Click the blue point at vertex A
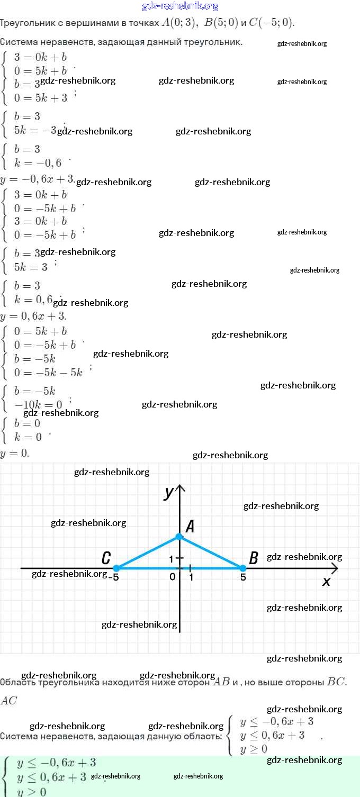click(179, 537)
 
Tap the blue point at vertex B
click(243, 568)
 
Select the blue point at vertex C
click(116, 568)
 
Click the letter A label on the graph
click(190, 526)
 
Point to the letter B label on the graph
click(254, 558)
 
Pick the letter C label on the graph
click(106, 558)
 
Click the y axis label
click(169, 493)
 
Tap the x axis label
click(326, 581)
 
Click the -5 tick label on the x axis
click(113, 577)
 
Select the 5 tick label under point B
click(243, 577)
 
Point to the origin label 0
click(173, 577)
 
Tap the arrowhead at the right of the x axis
click(335, 568)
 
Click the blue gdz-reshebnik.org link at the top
click(180, 6)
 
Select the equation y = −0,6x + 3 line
click(37, 179)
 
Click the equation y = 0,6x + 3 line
click(33, 316)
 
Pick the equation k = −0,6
click(38, 163)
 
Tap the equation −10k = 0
click(38, 405)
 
